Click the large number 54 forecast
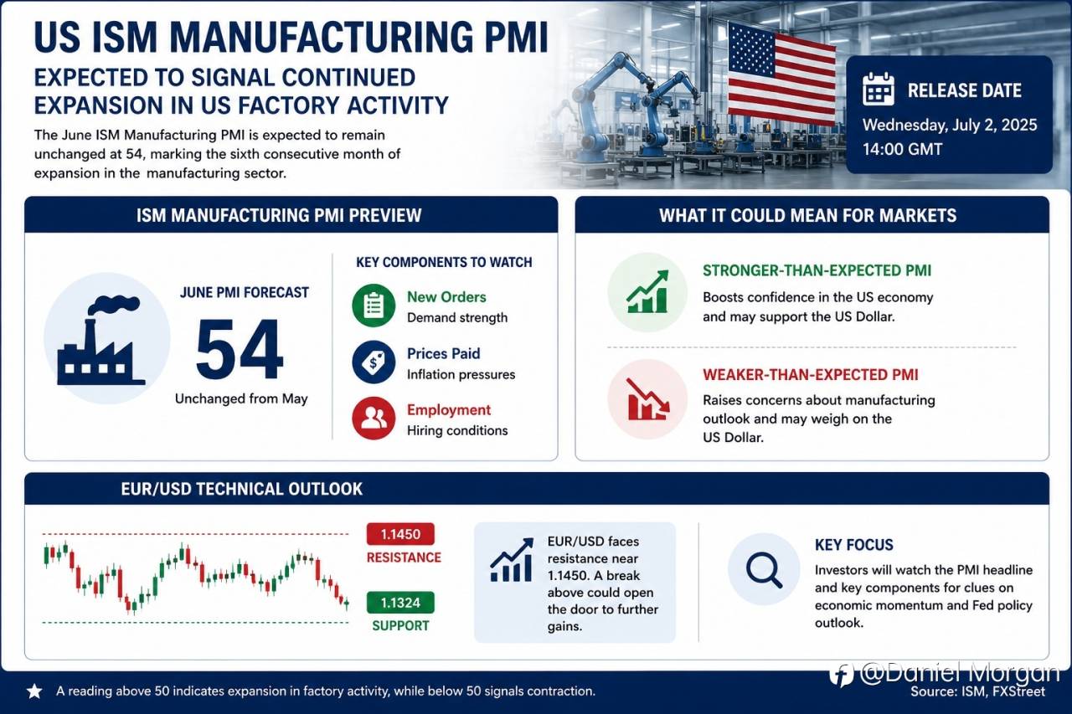240,349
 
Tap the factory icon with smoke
101,341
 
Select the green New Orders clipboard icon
374,306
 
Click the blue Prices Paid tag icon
374,362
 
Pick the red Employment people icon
374,418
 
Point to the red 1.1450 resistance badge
400,534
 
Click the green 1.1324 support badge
400,603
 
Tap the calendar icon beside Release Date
879,89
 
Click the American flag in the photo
781,74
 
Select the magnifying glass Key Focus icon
765,569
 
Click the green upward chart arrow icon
648,292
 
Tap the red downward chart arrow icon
648,398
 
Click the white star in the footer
34,691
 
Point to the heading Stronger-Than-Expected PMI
817,270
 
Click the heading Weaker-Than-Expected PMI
810,375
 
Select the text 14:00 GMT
902,149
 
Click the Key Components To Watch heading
444,262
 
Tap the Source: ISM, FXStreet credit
977,691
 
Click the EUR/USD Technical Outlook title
242,489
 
